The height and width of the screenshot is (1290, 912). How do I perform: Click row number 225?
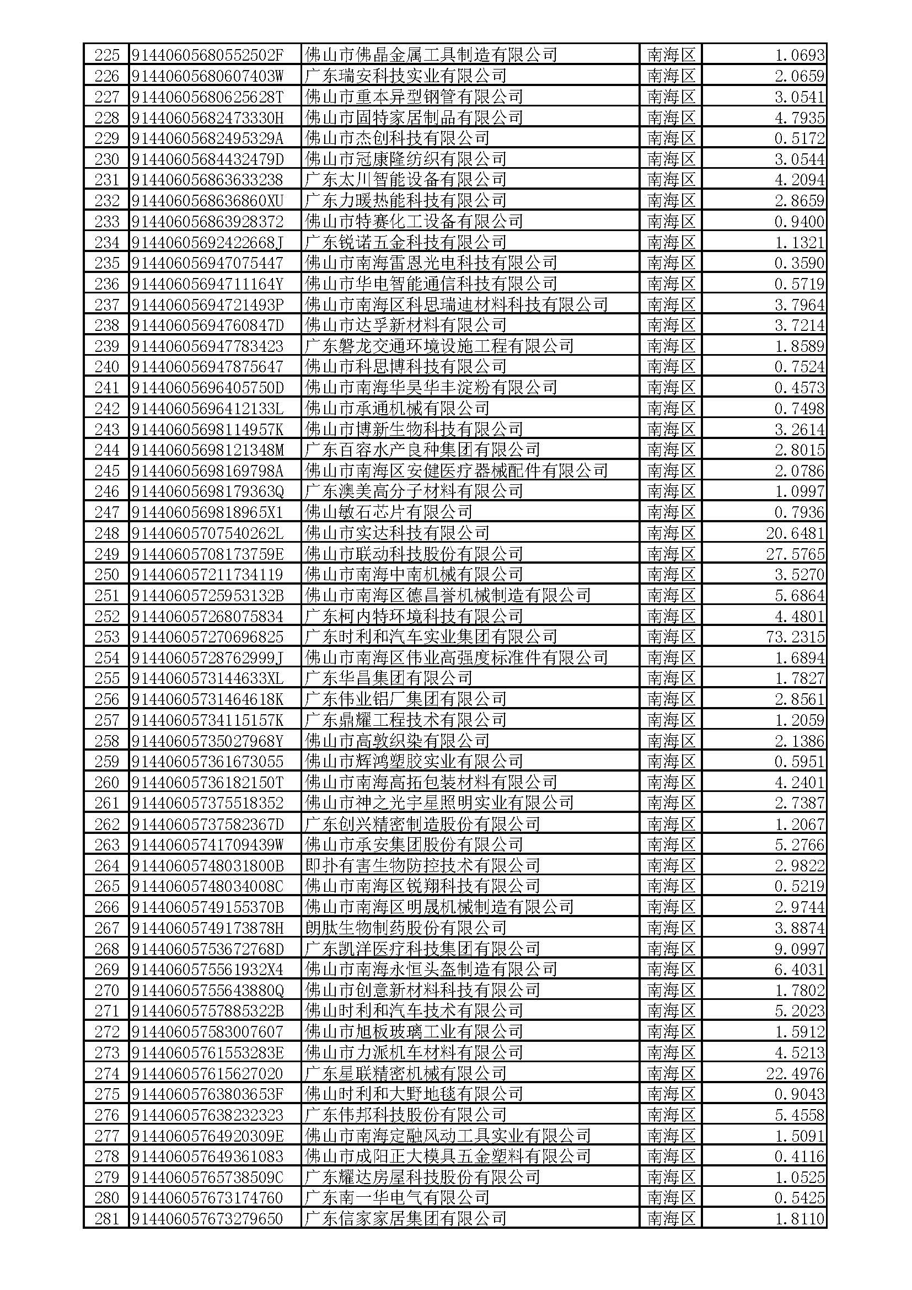point(107,55)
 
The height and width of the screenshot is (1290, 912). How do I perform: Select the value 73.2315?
point(795,637)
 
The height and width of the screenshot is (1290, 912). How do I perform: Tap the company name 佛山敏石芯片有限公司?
point(388,512)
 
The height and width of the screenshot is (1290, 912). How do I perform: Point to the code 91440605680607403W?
point(208,76)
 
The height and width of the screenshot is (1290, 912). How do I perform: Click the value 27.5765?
point(795,554)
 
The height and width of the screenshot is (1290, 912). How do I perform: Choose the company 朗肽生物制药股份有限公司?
point(405,928)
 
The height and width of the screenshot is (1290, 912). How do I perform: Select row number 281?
point(107,1219)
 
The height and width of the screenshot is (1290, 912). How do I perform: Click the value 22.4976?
point(795,1074)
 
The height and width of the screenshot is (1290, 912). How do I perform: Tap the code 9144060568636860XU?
point(208,201)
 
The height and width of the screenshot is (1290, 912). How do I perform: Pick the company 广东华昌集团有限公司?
point(388,679)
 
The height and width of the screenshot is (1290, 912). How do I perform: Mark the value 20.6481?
point(795,533)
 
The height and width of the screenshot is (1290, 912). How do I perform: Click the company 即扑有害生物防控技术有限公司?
point(422,866)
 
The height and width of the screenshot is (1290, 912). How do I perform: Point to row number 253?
point(107,637)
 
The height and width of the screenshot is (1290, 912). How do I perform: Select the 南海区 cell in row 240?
point(671,367)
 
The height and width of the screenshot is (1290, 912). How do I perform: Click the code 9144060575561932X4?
point(208,970)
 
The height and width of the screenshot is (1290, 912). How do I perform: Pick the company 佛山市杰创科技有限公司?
point(396,138)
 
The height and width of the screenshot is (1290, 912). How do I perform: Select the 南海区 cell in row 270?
point(671,991)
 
